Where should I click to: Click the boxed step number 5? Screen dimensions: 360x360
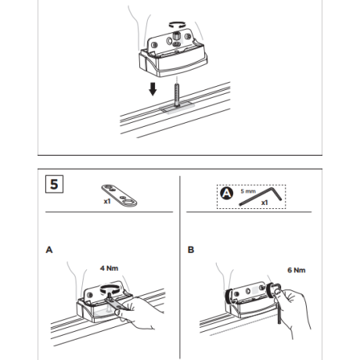(54, 184)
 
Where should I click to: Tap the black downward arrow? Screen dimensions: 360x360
(153, 89)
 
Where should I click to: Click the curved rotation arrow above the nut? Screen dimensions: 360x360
(177, 24)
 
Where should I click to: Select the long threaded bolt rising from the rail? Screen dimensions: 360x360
(178, 95)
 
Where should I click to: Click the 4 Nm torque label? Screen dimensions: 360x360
(109, 268)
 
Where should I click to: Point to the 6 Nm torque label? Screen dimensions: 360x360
(297, 270)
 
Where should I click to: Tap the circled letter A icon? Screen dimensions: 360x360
(227, 193)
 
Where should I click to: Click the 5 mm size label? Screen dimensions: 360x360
(248, 191)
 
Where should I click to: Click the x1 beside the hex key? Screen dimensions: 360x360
(265, 203)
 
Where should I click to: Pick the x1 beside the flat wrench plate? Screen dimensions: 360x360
(107, 201)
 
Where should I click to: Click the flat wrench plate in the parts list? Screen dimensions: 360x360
(119, 196)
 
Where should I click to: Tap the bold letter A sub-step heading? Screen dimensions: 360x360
(49, 250)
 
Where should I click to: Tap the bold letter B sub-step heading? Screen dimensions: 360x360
(191, 250)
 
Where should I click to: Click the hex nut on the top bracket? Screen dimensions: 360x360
(176, 35)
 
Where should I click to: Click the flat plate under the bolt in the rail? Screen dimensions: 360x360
(178, 107)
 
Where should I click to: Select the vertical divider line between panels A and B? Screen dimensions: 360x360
(180, 268)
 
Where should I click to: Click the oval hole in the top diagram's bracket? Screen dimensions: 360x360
(169, 41)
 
